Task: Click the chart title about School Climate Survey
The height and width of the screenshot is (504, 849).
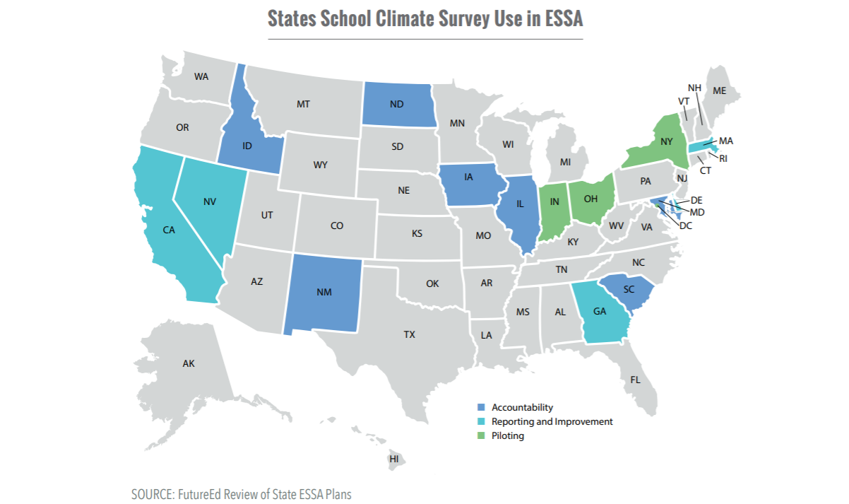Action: (x=425, y=19)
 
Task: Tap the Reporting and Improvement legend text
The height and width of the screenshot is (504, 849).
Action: (x=552, y=421)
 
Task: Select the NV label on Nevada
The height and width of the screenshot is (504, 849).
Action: (x=209, y=201)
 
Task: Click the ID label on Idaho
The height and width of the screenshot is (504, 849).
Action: (x=247, y=146)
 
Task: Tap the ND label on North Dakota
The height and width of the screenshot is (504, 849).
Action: (x=397, y=104)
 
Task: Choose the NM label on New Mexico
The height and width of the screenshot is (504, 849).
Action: (x=324, y=293)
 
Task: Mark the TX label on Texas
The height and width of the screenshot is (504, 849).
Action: (x=409, y=334)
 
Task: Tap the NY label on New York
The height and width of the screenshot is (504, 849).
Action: (x=665, y=141)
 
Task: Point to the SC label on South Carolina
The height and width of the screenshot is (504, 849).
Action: (x=629, y=290)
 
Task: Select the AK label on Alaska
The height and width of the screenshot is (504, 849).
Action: (x=188, y=363)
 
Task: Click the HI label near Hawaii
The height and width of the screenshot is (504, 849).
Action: (x=393, y=459)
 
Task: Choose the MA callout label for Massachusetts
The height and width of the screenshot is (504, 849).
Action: (x=726, y=141)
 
